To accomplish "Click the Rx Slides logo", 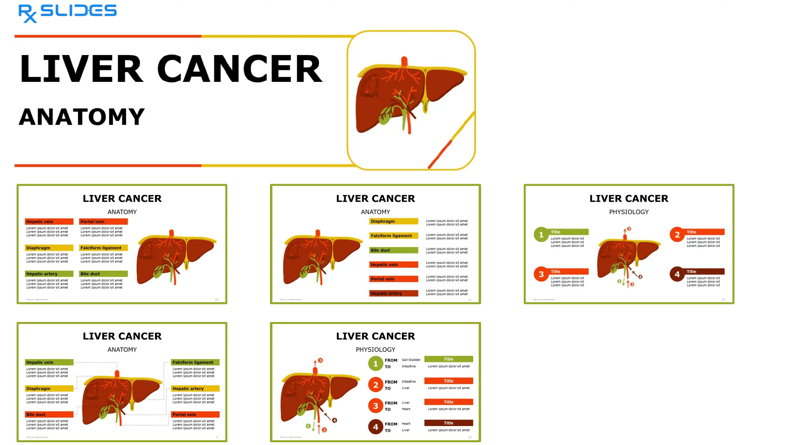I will point(67,13).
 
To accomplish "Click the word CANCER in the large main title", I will point(240,69).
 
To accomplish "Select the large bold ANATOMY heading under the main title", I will point(82,117).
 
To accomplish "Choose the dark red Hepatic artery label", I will point(393,294).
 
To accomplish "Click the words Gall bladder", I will point(411,360).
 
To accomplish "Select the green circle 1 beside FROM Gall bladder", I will point(376,364).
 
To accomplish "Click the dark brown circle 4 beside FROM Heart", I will point(376,427).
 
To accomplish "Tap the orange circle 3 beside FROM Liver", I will point(376,406).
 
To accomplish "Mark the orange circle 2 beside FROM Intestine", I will point(376,384).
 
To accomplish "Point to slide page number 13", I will point(723,299).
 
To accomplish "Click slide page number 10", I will point(216,299).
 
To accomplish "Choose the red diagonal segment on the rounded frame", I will point(440,154).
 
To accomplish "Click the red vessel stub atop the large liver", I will point(404,62).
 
